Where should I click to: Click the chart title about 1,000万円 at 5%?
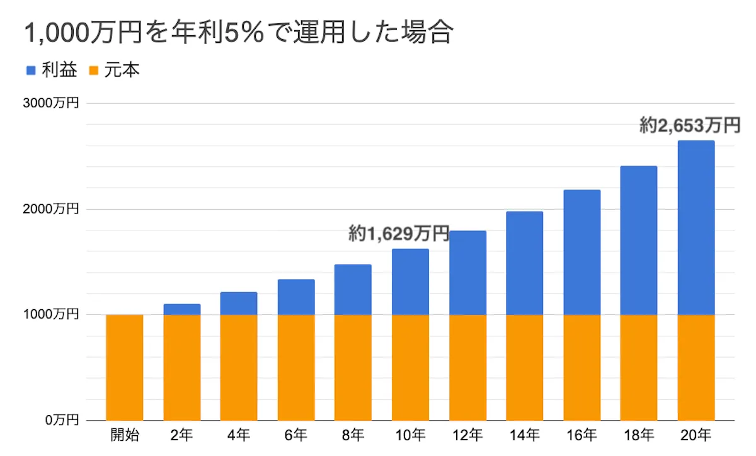pos(238,33)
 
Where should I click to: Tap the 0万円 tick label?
pos(62,419)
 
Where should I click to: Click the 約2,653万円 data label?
pos(689,126)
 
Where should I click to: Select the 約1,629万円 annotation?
pos(399,234)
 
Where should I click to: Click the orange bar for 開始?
pos(125,367)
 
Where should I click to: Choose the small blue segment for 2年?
pos(182,309)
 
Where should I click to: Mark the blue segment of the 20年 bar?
pos(696,227)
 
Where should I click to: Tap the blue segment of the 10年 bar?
pos(410,282)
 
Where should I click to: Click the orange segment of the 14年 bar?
pos(524,367)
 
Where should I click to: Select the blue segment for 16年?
pos(581,252)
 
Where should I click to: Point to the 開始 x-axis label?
pos(125,435)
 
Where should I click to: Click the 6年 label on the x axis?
pos(296,435)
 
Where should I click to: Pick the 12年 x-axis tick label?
pos(467,435)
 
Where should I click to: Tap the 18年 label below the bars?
pos(638,435)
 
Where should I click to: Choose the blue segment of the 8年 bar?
pos(353,289)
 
